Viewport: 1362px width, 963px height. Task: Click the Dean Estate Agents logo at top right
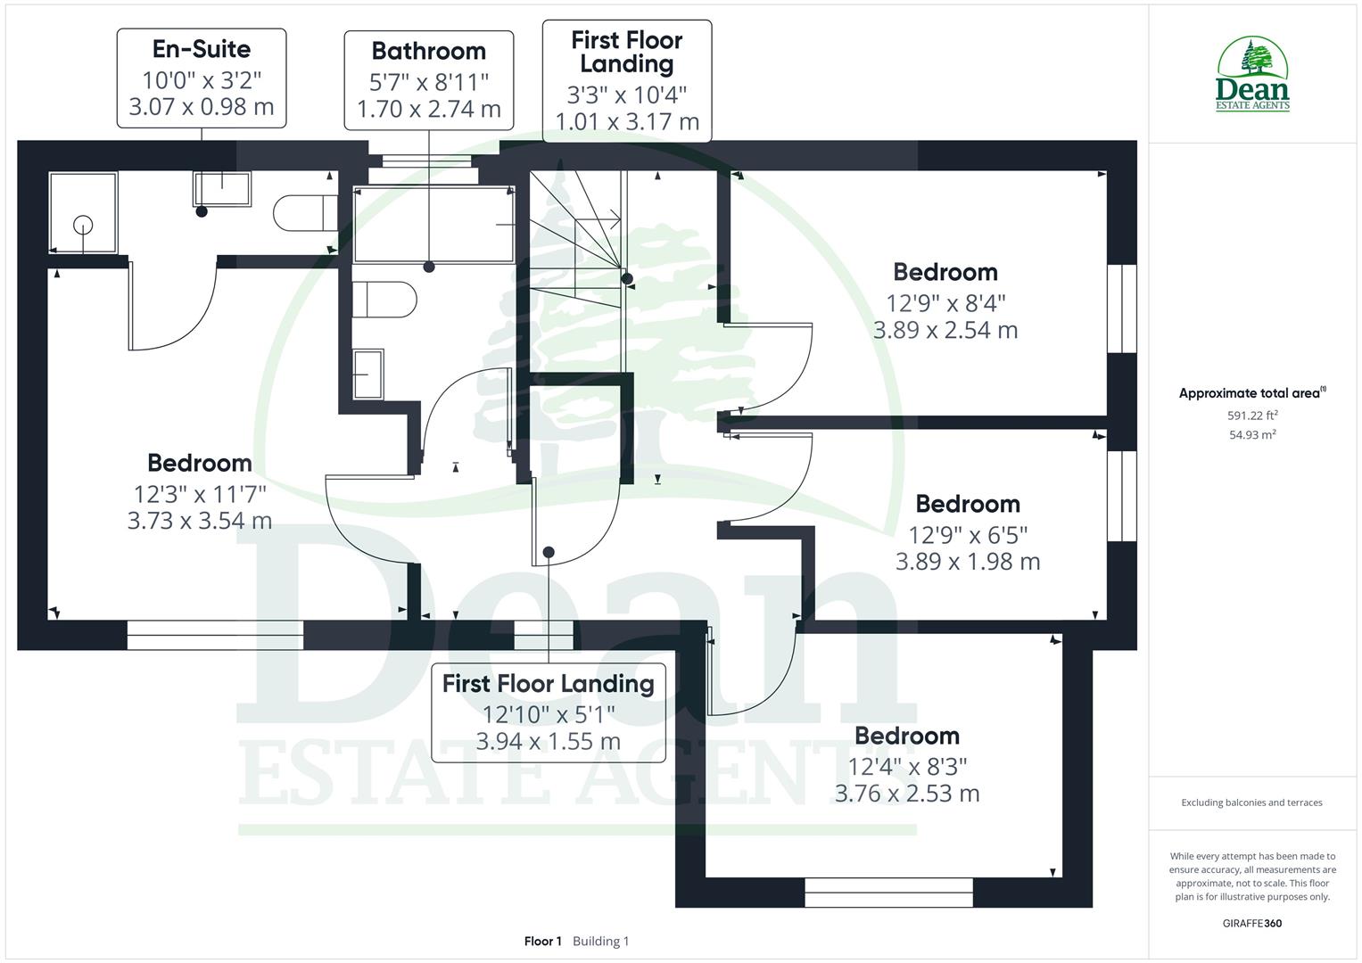tap(1252, 75)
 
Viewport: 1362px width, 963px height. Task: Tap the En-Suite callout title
tap(202, 49)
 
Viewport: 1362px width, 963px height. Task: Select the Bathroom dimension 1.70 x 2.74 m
tap(429, 110)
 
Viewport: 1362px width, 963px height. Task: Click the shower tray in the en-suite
tap(83, 213)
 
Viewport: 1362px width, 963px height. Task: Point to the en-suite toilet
tap(304, 213)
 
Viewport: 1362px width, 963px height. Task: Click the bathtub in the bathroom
tap(433, 225)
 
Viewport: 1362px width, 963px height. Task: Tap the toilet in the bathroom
tap(384, 300)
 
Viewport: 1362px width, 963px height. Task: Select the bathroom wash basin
tap(368, 374)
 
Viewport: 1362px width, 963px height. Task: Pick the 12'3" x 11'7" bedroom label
tap(200, 492)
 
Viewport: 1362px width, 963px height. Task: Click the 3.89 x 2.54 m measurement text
tap(945, 330)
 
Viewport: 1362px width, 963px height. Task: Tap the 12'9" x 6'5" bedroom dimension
tap(968, 534)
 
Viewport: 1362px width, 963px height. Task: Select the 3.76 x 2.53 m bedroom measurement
tap(907, 794)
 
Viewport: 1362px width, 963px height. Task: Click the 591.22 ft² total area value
tap(1252, 416)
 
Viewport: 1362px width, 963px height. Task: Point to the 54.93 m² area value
tap(1252, 435)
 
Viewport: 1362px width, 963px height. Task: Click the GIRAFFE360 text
tap(1251, 924)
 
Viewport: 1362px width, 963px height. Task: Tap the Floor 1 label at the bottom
tap(542, 942)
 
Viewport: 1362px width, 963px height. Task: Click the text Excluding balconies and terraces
tap(1251, 802)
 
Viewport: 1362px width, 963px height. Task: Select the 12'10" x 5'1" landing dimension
tap(549, 713)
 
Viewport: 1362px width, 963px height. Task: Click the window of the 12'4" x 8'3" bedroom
tap(888, 892)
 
